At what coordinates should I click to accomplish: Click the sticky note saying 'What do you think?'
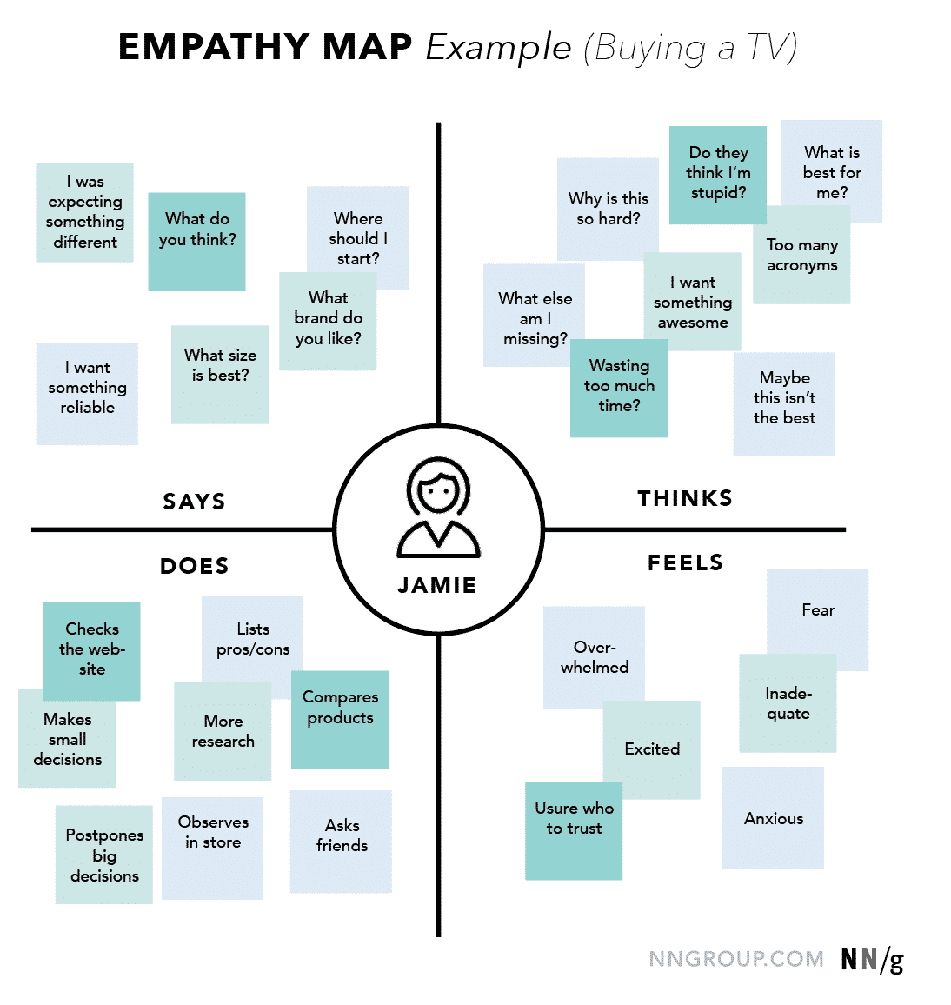click(x=196, y=241)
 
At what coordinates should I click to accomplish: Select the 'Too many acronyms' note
click(x=801, y=261)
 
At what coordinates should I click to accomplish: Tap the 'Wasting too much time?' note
click(x=619, y=388)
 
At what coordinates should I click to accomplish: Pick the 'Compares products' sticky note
click(x=340, y=719)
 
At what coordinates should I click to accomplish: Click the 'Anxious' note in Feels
click(x=773, y=818)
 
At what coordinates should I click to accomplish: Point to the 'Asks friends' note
click(x=342, y=841)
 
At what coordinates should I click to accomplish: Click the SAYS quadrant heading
click(x=194, y=502)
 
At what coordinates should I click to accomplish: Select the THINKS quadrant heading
click(x=685, y=498)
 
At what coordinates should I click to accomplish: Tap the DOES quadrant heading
click(x=194, y=566)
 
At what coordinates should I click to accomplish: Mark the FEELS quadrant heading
click(x=685, y=563)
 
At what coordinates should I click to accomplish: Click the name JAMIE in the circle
click(x=437, y=586)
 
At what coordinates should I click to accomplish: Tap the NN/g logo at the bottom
click(x=872, y=960)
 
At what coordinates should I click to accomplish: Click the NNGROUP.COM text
click(x=736, y=959)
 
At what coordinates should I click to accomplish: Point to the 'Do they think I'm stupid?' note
click(x=718, y=174)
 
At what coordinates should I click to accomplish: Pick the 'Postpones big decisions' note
click(x=104, y=855)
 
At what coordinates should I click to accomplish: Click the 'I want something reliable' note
click(x=87, y=393)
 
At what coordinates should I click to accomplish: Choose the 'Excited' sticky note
click(x=652, y=749)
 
